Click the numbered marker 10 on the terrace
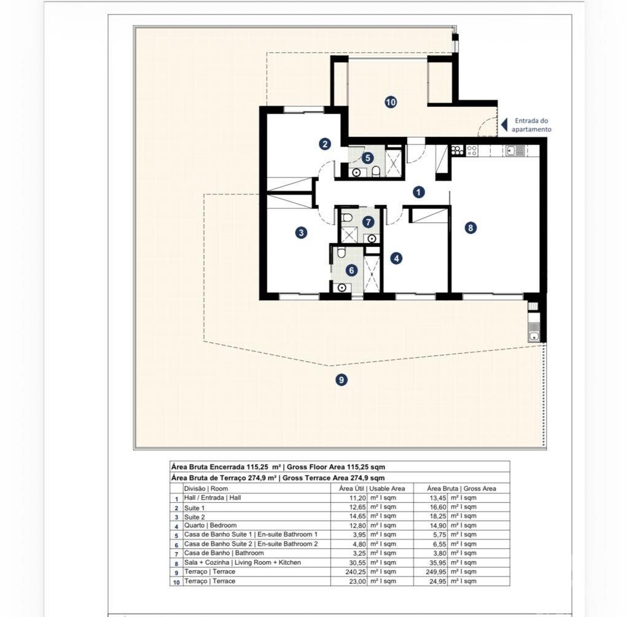pos(391,102)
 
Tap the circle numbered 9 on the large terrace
pos(342,379)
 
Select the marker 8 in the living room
pos(471,228)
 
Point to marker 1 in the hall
pos(419,192)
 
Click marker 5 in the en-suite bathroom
pos(368,158)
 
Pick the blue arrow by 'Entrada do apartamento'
pos(504,125)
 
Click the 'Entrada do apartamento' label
pos(531,125)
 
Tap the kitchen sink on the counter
pos(514,151)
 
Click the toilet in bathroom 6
pos(341,253)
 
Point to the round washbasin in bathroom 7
pos(372,239)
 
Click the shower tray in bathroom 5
pos(393,162)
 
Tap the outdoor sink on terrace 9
pos(534,337)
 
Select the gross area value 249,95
pos(436,572)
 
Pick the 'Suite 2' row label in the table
pos(195,517)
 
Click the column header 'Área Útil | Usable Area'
pos(372,488)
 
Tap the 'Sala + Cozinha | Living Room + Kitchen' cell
pos(242,562)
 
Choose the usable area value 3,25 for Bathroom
pos(359,553)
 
